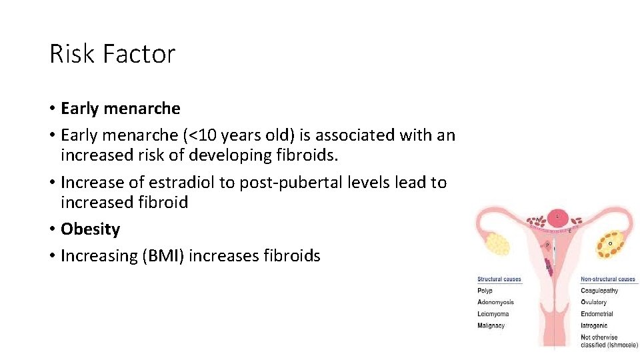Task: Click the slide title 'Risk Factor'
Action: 112,53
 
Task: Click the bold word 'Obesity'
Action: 90,229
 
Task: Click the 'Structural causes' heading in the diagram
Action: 499,279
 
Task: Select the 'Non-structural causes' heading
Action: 608,279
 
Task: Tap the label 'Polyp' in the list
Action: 485,291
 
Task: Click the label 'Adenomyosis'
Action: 495,303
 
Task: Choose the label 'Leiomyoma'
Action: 493,314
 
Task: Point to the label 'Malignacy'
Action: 491,326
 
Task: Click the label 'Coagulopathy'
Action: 599,291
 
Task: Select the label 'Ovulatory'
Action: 594,303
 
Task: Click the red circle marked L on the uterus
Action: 558,217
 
